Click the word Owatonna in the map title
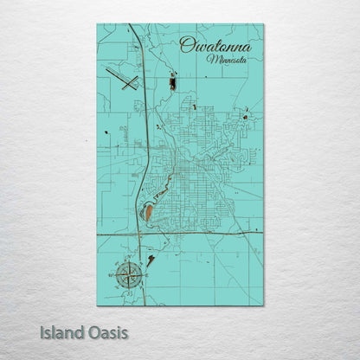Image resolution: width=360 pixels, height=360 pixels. coord(215,45)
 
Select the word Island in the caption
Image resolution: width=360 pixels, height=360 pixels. coord(61,332)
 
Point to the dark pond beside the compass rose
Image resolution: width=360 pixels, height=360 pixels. coord(151,259)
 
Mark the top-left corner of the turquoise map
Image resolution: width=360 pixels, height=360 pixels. coord(97,24)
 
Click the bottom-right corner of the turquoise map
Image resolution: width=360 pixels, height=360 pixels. coord(264,305)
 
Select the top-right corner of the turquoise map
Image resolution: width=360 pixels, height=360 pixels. coord(264,24)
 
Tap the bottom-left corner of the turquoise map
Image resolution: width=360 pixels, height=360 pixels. coord(97,305)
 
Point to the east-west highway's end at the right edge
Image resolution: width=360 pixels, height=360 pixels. coord(263,232)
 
